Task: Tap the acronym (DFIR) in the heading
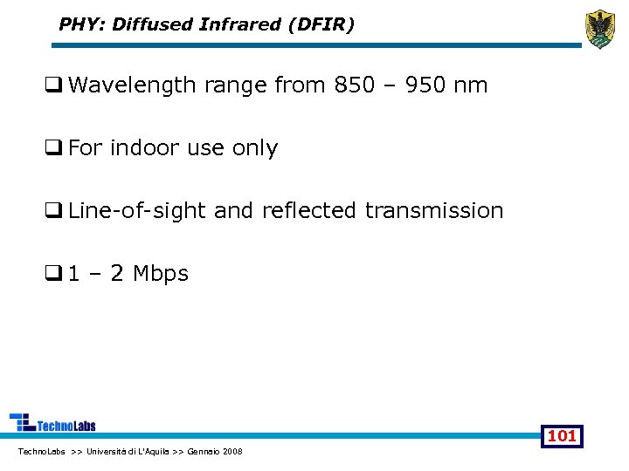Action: point(326,24)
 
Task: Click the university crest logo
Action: point(600,29)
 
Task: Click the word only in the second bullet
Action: point(255,147)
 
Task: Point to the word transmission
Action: point(434,210)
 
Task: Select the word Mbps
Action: point(161,273)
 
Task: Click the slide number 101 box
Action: point(561,435)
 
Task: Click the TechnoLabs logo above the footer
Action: point(52,423)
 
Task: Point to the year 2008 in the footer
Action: point(233,451)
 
